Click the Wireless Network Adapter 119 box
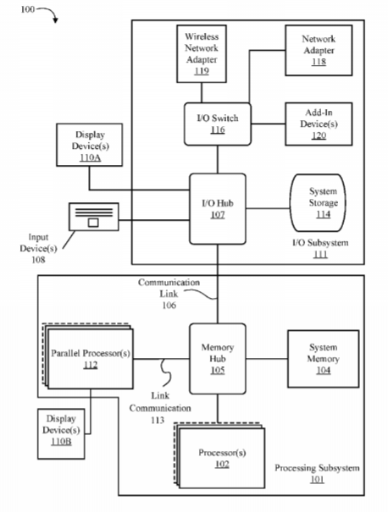(202, 54)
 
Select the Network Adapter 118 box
(319, 50)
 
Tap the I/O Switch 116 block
(218, 124)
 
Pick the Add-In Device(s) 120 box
(319, 124)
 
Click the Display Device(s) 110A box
(90, 145)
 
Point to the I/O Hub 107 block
(218, 209)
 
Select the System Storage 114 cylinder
(318, 203)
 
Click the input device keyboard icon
(94, 217)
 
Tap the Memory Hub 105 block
(218, 359)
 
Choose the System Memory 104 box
(324, 359)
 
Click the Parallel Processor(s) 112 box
(88, 356)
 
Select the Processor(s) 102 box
(219, 456)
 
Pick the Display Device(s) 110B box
(61, 434)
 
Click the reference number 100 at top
(27, 9)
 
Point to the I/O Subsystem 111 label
(320, 248)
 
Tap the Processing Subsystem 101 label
(317, 473)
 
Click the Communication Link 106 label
(169, 294)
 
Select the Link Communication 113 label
(160, 408)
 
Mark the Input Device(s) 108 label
(38, 248)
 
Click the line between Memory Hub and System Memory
(267, 359)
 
